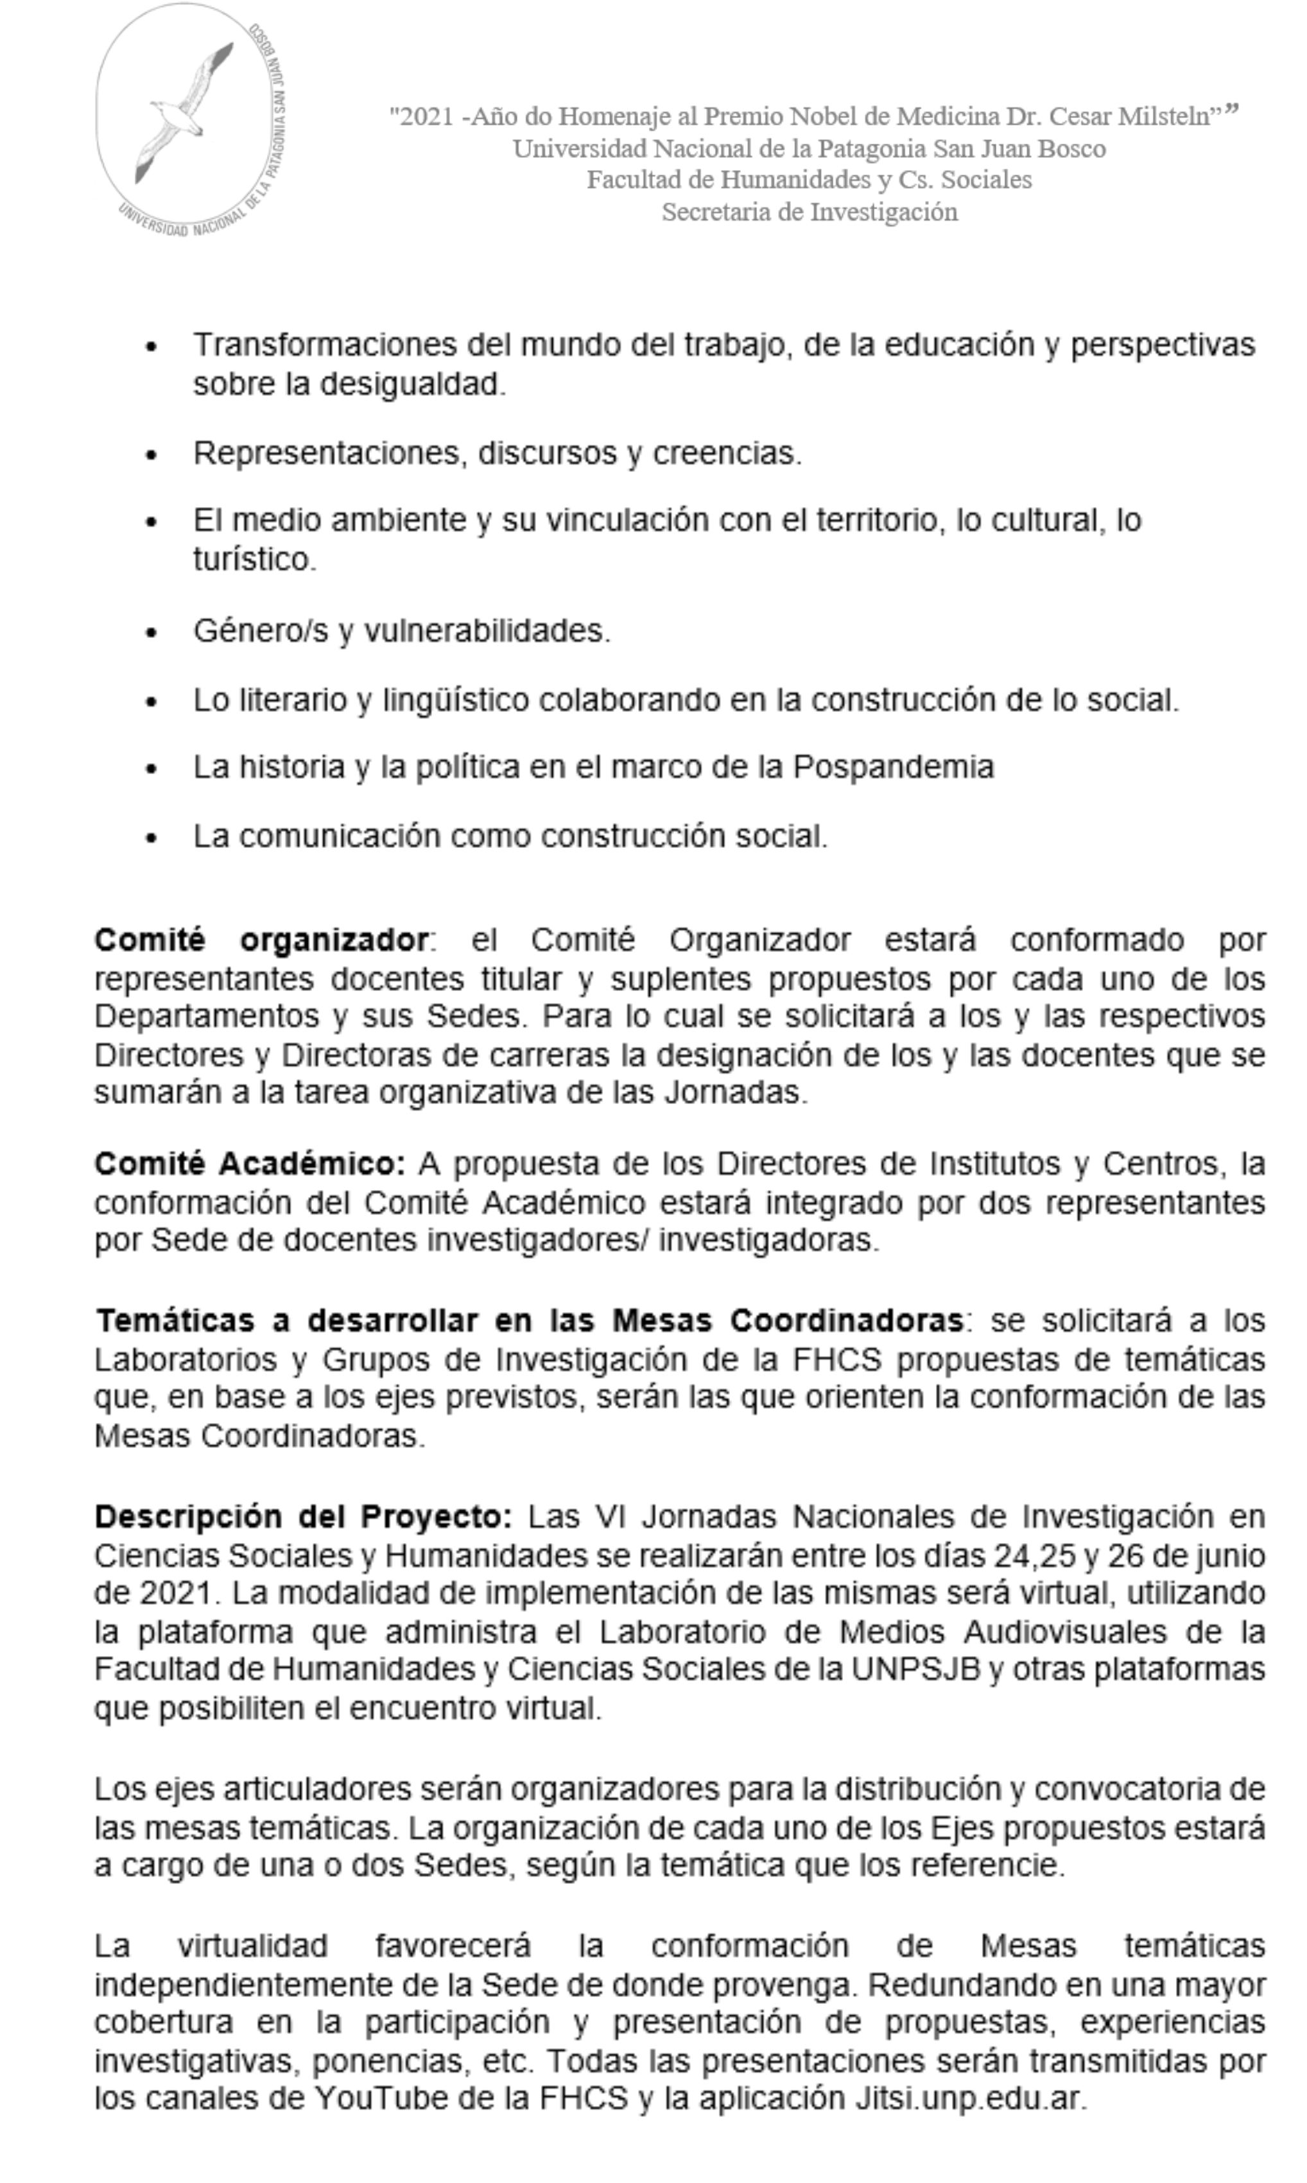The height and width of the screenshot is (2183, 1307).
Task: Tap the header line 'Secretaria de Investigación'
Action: coord(809,212)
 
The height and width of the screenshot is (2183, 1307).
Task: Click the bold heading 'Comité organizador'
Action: coord(261,940)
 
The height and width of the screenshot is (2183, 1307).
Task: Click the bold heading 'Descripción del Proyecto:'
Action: coord(303,1517)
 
